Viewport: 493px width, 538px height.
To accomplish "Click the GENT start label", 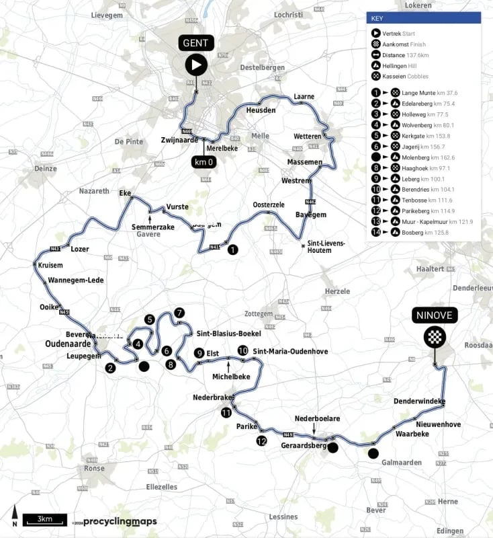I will (196, 44).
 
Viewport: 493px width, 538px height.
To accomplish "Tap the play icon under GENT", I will (196, 65).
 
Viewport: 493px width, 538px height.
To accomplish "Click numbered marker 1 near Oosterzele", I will (232, 249).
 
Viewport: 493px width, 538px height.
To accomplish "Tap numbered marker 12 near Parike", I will (261, 440).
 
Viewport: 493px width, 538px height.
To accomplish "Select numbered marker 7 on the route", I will (179, 313).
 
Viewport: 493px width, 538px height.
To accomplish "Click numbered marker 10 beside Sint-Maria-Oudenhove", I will (242, 350).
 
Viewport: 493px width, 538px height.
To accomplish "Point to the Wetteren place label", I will (308, 137).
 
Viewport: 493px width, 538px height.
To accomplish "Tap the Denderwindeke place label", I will (420, 401).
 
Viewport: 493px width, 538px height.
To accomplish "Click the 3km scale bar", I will (44, 519).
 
